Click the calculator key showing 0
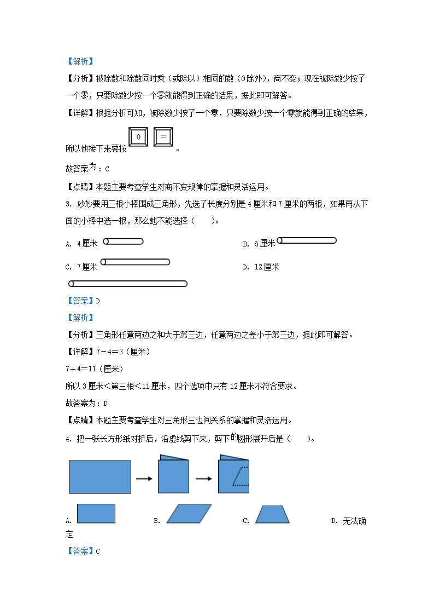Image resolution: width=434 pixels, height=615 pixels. [x=138, y=136]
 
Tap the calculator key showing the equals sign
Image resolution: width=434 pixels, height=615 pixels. [x=163, y=136]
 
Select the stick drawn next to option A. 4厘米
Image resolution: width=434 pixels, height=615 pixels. [x=123, y=242]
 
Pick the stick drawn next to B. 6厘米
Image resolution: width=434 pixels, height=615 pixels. [x=306, y=240]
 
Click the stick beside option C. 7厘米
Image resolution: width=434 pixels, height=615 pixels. [x=135, y=262]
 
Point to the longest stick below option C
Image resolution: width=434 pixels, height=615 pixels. [x=128, y=284]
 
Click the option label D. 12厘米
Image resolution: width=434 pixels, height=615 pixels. [x=261, y=267]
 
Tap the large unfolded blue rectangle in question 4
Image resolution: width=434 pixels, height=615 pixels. [x=100, y=476]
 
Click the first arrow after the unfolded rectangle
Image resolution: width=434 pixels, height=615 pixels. [x=144, y=479]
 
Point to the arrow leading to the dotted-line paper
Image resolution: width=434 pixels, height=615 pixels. [x=203, y=479]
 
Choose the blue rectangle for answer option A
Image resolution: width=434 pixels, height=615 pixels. [x=96, y=514]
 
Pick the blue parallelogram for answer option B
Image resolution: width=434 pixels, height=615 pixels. [x=189, y=514]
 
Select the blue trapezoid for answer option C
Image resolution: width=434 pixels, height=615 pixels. [x=272, y=514]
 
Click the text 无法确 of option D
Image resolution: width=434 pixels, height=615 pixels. [x=354, y=521]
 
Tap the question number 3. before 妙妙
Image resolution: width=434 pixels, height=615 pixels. [x=68, y=205]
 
